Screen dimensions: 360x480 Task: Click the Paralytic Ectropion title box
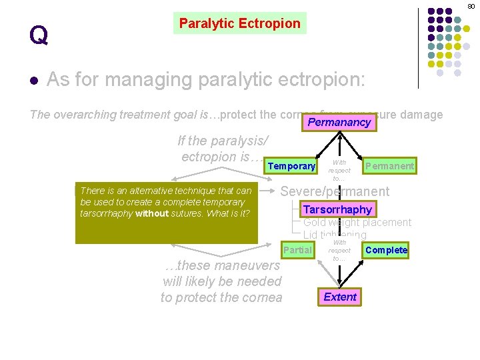(240, 23)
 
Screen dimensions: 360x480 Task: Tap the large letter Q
(39, 35)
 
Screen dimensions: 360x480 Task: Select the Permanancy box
(339, 123)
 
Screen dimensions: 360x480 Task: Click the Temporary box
(291, 166)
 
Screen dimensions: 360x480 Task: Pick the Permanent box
(389, 165)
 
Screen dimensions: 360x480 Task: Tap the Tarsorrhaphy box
(337, 209)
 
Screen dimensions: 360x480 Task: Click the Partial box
(297, 250)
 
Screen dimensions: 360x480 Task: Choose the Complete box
(386, 250)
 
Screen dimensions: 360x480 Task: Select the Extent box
(340, 297)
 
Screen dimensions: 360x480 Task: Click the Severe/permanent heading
(335, 191)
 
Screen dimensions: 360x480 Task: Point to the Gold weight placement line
(357, 223)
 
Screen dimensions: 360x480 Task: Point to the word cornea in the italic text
(262, 297)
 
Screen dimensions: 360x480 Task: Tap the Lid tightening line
(335, 235)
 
